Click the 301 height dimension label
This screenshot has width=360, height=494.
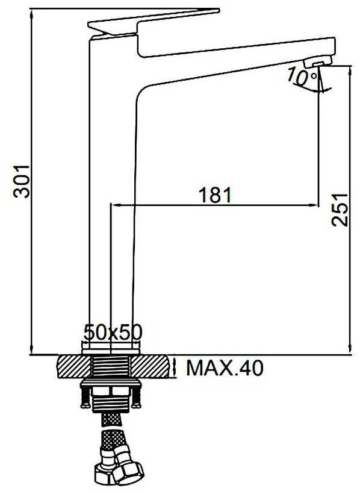[22, 181]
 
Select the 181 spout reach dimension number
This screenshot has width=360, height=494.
[216, 195]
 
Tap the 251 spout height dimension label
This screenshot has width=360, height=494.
[340, 210]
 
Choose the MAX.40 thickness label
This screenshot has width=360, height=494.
[225, 367]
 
